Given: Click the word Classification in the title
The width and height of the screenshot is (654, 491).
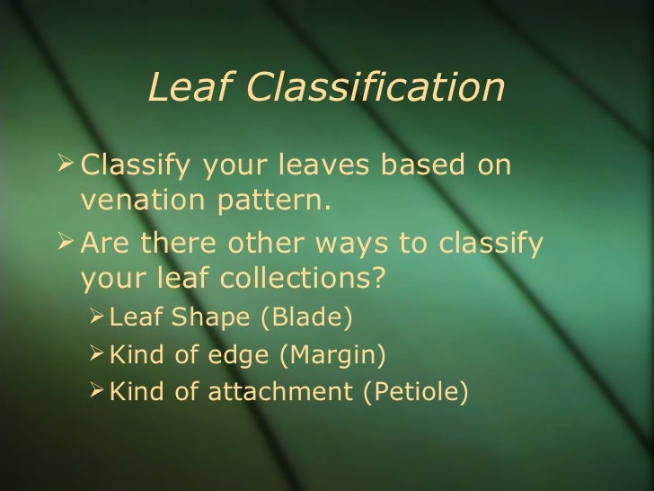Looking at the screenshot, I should point(377,87).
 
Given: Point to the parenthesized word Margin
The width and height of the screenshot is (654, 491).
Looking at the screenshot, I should point(333,356).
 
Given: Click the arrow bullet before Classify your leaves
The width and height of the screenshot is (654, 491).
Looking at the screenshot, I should point(63,165).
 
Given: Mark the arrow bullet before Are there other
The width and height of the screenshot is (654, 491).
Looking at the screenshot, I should point(63,243).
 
